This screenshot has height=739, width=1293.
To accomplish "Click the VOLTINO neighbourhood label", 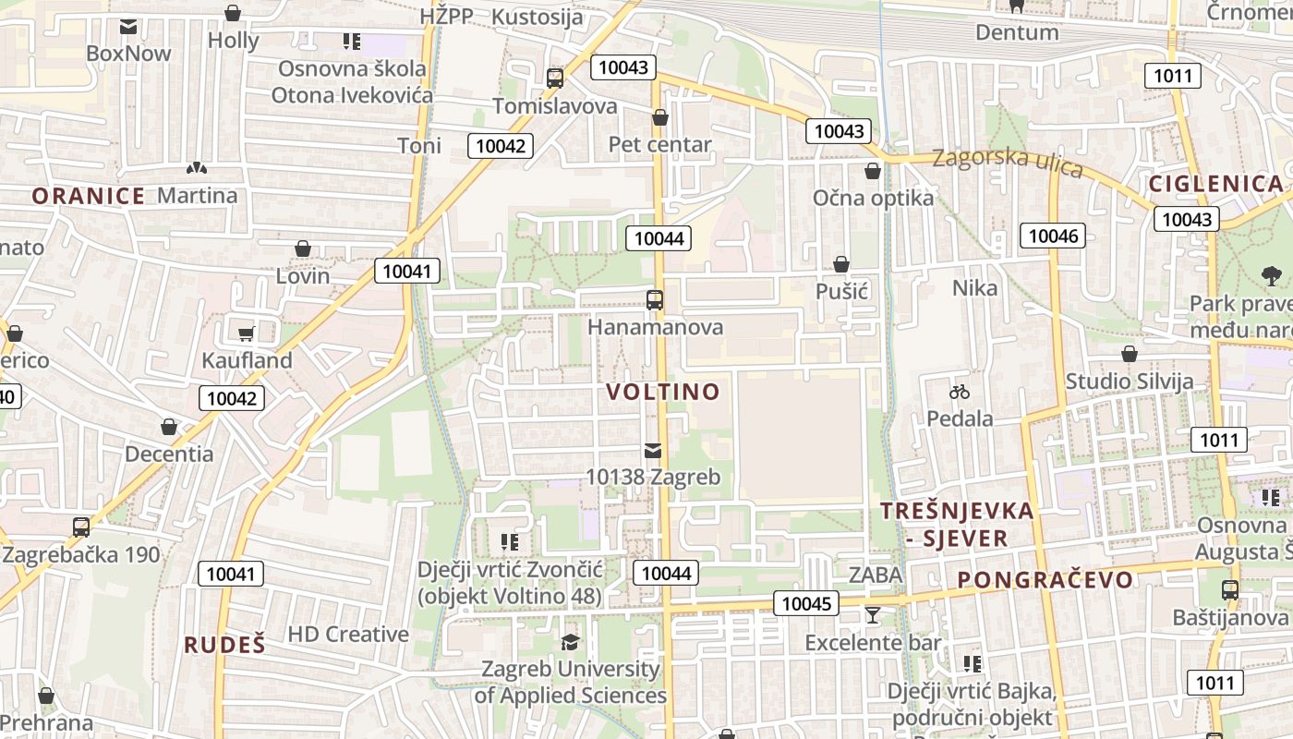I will (x=663, y=392).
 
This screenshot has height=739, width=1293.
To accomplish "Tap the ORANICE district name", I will (x=89, y=196).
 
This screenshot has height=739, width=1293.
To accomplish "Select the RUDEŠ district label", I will (x=224, y=645).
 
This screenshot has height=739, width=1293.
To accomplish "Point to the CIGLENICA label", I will (x=1216, y=183).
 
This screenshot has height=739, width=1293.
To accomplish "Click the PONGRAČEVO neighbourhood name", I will (x=1045, y=580).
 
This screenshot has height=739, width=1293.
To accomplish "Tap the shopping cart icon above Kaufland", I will (x=246, y=333).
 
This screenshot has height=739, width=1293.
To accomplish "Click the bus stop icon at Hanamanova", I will (x=655, y=299).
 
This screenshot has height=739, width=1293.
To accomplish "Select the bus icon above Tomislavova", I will (x=554, y=79).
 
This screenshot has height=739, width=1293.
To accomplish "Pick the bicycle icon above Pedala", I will (x=960, y=392).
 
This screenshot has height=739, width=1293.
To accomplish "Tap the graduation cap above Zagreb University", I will (x=571, y=642).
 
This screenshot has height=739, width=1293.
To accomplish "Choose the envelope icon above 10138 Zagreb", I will (x=653, y=451).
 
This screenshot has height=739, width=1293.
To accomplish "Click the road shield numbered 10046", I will (x=1053, y=236).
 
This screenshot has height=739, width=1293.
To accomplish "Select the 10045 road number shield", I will (x=806, y=604).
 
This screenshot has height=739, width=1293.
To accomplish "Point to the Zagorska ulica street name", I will (x=1007, y=162).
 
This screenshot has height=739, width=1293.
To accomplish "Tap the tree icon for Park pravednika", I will (x=1272, y=275).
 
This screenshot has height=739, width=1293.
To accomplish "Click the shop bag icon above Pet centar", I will (x=659, y=117).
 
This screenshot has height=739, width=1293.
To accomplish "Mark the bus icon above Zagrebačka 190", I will (x=81, y=527).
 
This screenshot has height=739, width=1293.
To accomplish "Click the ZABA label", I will (x=875, y=575).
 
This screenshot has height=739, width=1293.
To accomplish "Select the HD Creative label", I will (x=348, y=634).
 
